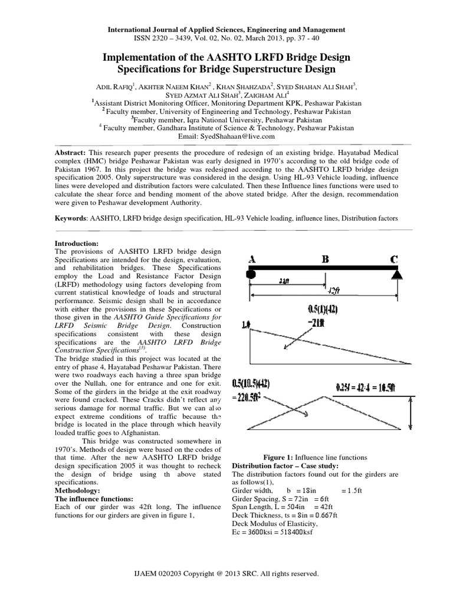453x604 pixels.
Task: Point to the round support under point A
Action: (x=251, y=274)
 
